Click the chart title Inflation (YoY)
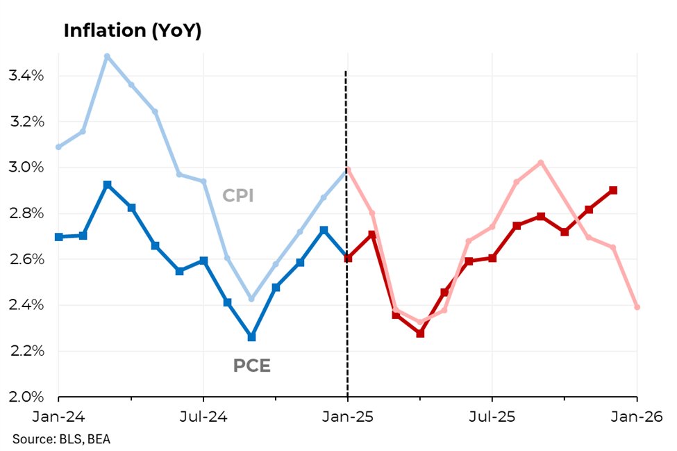(x=132, y=31)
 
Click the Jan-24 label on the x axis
(x=58, y=417)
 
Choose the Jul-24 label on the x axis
(x=203, y=417)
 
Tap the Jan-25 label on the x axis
(x=347, y=417)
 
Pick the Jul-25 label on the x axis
(x=492, y=417)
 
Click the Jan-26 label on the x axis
(x=636, y=417)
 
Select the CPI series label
(x=237, y=196)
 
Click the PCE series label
(x=251, y=365)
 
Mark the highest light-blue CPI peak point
(x=106, y=56)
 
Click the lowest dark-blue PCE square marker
(x=251, y=336)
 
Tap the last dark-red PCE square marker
(x=613, y=190)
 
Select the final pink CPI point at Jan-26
(x=637, y=306)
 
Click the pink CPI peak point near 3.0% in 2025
(x=541, y=163)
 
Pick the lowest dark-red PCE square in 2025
(x=420, y=334)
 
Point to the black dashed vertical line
(x=346, y=243)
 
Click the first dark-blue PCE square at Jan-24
(x=58, y=237)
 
